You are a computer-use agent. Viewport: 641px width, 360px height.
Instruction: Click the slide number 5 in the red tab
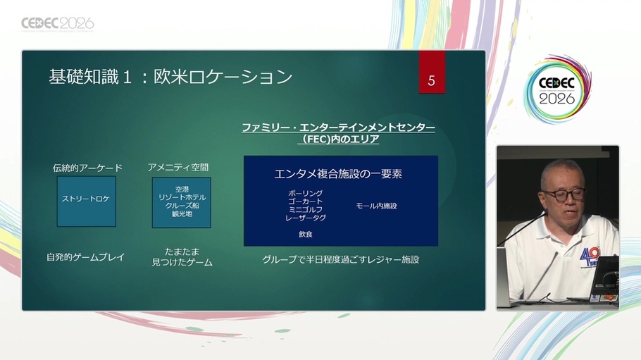click(431, 80)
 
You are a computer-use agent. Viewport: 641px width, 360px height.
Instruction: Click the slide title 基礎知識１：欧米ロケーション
click(170, 77)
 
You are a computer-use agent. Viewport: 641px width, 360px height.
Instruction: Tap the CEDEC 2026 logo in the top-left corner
click(58, 24)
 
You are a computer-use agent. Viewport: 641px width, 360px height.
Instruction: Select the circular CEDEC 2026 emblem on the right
click(556, 89)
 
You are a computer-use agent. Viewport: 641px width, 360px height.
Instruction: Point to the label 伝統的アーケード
click(87, 168)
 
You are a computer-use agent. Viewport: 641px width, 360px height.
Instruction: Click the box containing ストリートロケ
click(86, 201)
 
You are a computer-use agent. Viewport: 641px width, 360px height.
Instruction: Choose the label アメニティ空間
click(178, 167)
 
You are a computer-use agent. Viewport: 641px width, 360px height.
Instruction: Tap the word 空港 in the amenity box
click(182, 190)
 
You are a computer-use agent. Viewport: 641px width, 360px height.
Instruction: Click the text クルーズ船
click(182, 206)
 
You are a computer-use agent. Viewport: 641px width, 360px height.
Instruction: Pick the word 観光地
click(182, 213)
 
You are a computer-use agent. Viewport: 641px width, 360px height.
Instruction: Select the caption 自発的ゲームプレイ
click(85, 257)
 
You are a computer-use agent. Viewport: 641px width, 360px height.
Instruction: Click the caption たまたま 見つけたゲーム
click(182, 257)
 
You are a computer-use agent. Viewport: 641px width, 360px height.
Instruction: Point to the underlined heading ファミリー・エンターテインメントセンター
click(339, 128)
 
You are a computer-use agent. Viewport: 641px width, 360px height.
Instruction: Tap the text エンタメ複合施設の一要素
click(338, 174)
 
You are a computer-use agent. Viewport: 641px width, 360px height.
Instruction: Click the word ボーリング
click(306, 193)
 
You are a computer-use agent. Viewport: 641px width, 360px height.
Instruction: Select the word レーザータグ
click(306, 218)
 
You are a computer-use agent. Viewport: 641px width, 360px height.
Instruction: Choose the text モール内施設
click(376, 206)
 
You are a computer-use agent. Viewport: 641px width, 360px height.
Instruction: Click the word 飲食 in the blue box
click(306, 234)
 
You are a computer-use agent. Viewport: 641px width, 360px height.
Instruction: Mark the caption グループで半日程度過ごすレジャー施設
click(340, 259)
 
